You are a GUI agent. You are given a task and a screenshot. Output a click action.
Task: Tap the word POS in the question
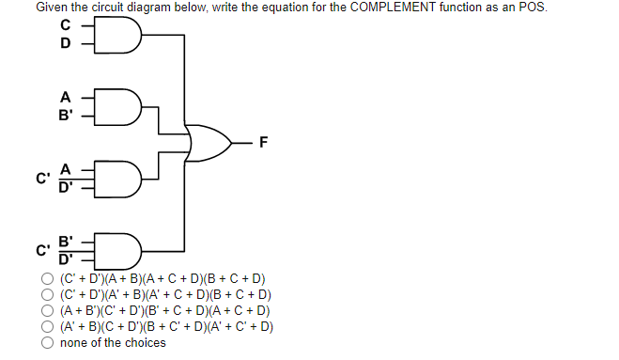point(532,8)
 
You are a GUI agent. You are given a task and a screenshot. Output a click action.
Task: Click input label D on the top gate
point(65,43)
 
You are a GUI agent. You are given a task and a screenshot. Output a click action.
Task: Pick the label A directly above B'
point(65,97)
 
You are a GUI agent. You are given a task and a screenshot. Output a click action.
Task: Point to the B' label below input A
point(66,114)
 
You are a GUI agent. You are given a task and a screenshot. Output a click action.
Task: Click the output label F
point(264,143)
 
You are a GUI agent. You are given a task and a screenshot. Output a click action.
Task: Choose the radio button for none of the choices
point(47,343)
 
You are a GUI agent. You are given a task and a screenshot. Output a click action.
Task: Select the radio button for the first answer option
point(47,279)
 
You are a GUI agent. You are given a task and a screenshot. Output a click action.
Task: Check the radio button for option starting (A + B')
point(47,311)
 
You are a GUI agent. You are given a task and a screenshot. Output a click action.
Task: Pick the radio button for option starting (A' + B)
point(47,327)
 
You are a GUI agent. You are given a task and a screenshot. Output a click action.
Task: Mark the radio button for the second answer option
point(47,295)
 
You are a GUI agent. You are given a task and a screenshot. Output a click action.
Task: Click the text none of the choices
point(113,343)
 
